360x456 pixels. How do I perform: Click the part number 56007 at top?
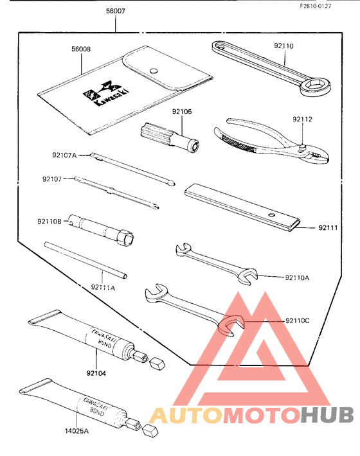point(116,12)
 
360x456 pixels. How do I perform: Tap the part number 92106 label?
point(182,111)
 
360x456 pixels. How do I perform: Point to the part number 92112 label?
point(302,119)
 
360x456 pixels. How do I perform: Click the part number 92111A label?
point(103,288)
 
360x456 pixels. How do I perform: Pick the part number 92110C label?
point(298,320)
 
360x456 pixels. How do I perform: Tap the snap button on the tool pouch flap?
point(153,71)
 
